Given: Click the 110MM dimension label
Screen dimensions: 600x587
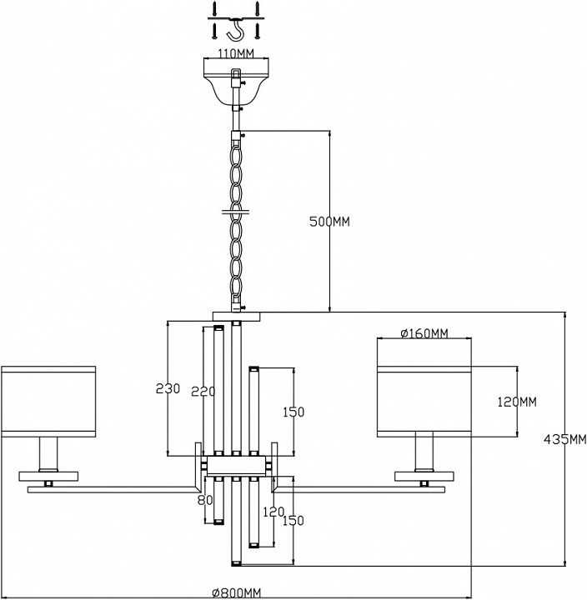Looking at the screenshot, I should tap(236, 52).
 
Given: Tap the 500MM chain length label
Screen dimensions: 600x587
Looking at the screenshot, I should tap(329, 222).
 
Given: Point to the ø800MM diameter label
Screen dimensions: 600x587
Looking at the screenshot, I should tap(236, 592).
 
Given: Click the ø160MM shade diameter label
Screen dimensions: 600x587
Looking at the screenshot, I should tap(424, 334).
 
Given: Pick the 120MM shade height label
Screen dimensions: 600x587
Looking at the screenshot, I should tap(516, 402).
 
